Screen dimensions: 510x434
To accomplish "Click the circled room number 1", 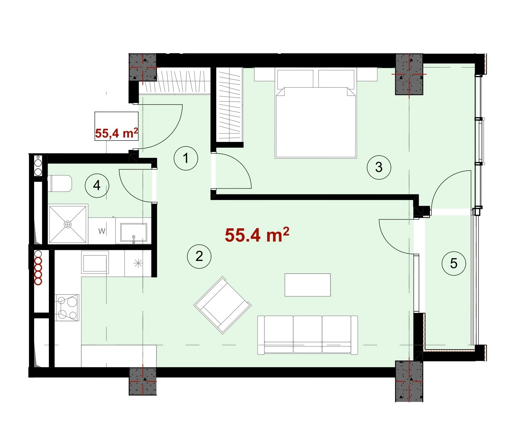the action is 186,158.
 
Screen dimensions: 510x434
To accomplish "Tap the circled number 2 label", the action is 199,256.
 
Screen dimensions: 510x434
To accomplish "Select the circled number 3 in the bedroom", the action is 379,167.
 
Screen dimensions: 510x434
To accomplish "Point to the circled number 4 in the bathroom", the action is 97,186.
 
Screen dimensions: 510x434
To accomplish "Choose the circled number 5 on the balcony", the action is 454,263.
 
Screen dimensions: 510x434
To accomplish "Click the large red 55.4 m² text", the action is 257,235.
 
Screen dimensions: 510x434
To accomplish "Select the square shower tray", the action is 68,224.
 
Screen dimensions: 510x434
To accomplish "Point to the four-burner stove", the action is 67,307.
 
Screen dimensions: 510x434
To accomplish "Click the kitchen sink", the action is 95,262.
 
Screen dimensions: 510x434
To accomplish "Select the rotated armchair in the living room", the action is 223,305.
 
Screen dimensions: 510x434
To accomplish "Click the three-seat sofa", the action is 308,335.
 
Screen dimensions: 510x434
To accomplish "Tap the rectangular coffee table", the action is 308,285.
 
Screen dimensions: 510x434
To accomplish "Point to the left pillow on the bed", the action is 295,79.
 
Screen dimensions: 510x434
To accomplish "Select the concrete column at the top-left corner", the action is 143,67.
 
